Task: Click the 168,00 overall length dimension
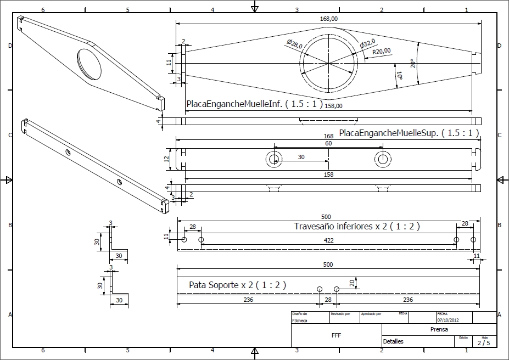coord(328,19)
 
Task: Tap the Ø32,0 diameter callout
coord(367,43)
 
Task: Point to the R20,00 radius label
coord(381,51)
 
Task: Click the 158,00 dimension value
coord(333,106)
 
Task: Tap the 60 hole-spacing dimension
coord(328,143)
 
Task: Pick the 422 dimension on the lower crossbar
coord(328,240)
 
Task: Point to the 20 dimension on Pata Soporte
coord(351,283)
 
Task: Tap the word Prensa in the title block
coord(439,329)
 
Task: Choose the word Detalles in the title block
coord(393,341)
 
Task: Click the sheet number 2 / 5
coord(484,344)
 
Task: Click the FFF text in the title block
coord(336,334)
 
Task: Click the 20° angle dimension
coord(412,64)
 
